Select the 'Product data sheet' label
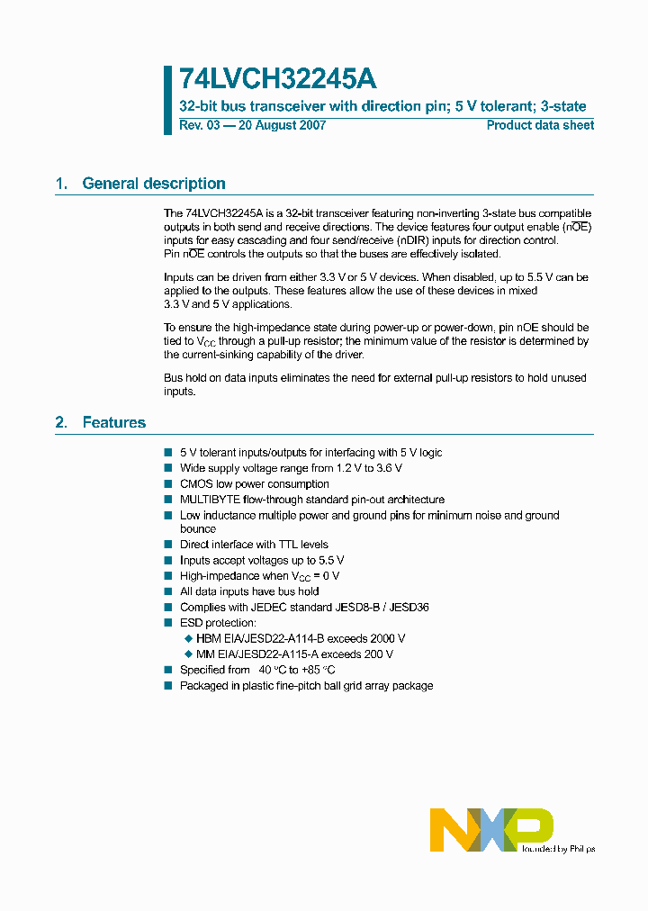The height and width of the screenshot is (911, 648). point(540,125)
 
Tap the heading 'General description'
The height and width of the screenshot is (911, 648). point(154,184)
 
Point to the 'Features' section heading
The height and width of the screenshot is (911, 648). point(113,422)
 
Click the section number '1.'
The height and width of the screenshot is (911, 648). point(62,184)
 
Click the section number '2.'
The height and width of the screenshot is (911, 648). point(62,422)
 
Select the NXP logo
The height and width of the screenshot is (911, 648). point(490,829)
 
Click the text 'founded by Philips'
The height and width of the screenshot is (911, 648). point(558,848)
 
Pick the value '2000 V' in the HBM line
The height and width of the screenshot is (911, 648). point(388,639)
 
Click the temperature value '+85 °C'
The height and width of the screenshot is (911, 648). point(316,670)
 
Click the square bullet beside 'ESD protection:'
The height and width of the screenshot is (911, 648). point(168,623)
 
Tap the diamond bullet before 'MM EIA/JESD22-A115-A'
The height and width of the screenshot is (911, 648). point(188,654)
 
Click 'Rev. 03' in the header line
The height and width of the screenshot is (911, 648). point(200,125)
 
